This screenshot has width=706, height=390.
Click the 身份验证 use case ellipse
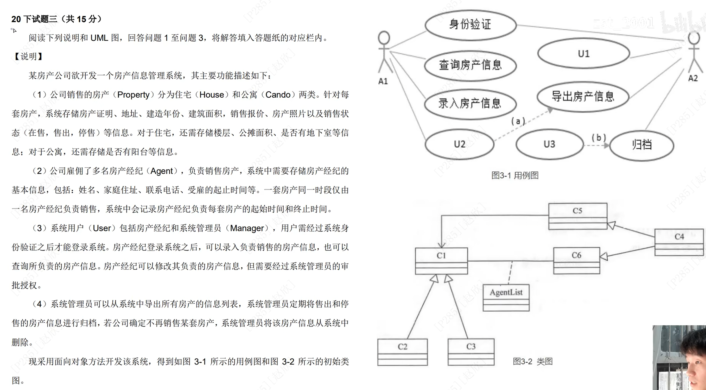[x=470, y=25]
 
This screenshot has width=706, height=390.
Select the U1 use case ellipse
[x=583, y=53]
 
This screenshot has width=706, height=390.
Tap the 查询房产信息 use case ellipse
[x=470, y=65]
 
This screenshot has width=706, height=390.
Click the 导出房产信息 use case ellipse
[x=583, y=97]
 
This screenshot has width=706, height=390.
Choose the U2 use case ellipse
[x=459, y=144]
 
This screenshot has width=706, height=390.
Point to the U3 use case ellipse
[x=549, y=144]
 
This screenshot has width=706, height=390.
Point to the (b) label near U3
[x=599, y=137]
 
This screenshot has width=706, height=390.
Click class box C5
[x=577, y=216]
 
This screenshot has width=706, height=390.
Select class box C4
[x=679, y=242]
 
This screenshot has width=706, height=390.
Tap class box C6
[x=576, y=260]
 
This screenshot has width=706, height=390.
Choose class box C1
[x=441, y=261]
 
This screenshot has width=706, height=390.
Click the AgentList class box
[x=506, y=297]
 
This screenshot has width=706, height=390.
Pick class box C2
[x=402, y=352]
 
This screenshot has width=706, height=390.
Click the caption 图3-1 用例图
[x=515, y=175]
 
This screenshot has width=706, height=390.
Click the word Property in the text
[x=133, y=95]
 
